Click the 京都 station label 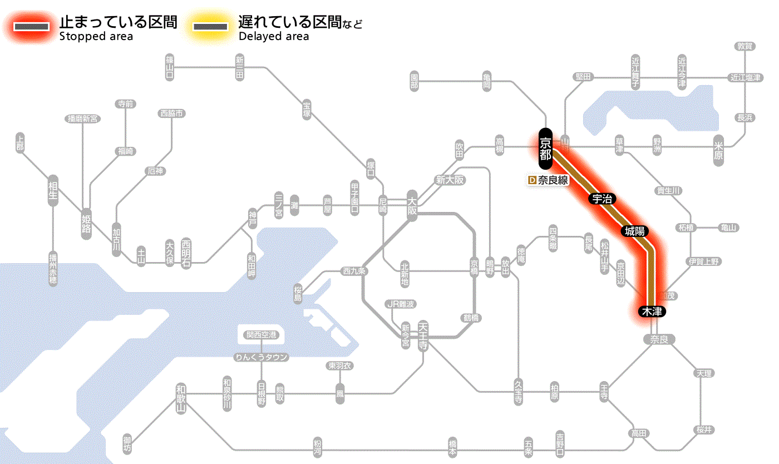click(545, 149)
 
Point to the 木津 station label click(652, 312)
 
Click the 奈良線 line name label click(553, 180)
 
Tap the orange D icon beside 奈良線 click(531, 180)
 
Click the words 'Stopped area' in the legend click(96, 37)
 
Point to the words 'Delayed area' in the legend click(274, 37)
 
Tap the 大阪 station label click(412, 205)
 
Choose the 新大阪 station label click(450, 180)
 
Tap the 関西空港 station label click(261, 335)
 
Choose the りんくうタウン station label click(261, 357)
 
